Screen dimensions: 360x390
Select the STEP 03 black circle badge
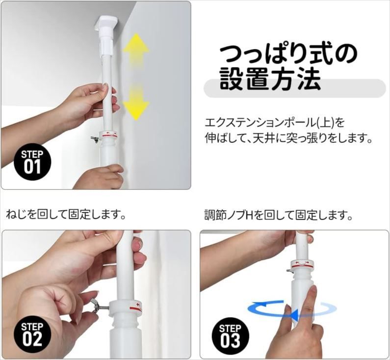230,335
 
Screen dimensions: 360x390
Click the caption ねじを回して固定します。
66,215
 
